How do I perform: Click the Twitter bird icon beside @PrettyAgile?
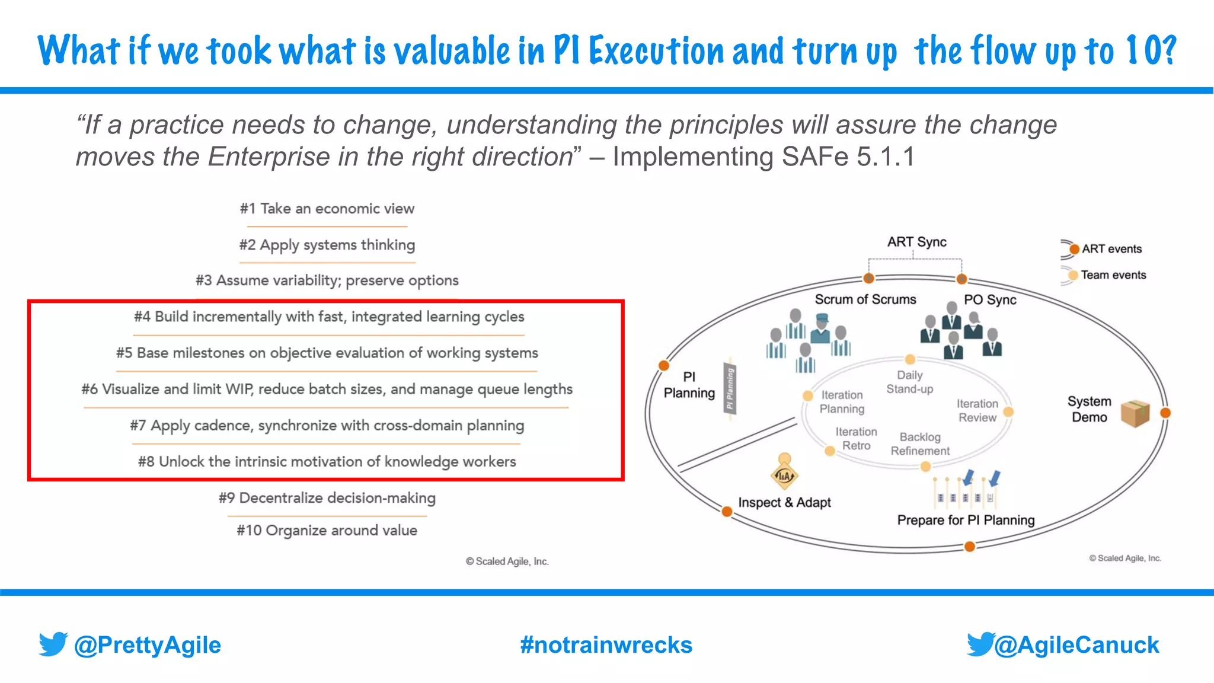53,644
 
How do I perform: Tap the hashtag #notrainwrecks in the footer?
606,645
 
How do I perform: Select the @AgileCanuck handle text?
1076,645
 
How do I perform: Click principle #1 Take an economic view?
327,209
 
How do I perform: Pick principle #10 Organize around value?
327,530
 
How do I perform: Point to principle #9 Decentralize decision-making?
327,498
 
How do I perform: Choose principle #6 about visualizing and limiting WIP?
327,390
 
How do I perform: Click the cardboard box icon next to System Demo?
1135,413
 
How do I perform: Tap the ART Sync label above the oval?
916,242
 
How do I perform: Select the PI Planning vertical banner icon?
730,390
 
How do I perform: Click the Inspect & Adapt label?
784,503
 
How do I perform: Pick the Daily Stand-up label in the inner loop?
909,382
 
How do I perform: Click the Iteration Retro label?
856,439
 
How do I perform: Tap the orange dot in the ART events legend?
1074,249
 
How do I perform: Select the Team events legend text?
1113,275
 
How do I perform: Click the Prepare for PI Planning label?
966,521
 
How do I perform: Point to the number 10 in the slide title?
1142,51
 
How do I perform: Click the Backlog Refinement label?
920,444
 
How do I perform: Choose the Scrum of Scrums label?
865,299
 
